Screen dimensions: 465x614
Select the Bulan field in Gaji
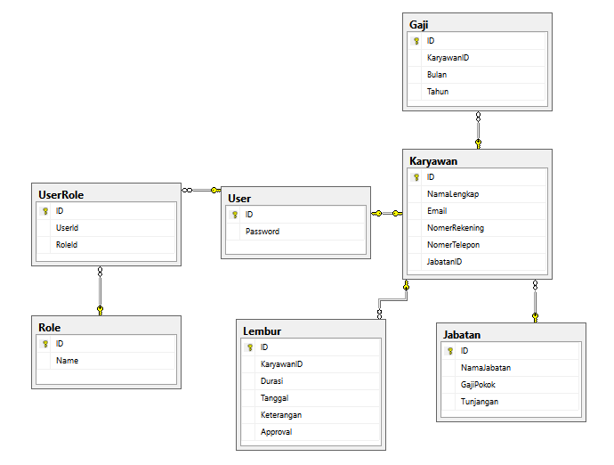437,75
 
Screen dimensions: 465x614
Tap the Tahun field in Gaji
437,92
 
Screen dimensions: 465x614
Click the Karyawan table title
433,160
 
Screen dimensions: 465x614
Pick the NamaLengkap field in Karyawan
453,193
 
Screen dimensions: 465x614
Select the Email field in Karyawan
437,211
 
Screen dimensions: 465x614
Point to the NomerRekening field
455,228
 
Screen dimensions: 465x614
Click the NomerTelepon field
453,245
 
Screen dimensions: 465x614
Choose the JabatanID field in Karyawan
444,262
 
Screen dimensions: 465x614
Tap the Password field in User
263,232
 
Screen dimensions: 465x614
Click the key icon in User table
235,215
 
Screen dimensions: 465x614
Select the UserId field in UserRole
68,228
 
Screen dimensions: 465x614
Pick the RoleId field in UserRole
67,245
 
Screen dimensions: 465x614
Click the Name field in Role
67,361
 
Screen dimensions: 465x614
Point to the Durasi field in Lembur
272,381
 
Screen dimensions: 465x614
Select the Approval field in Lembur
276,432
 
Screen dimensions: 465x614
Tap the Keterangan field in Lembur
281,415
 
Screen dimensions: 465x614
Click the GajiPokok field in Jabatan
478,385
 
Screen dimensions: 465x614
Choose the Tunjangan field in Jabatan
480,402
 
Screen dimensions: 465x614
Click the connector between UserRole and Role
101,290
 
